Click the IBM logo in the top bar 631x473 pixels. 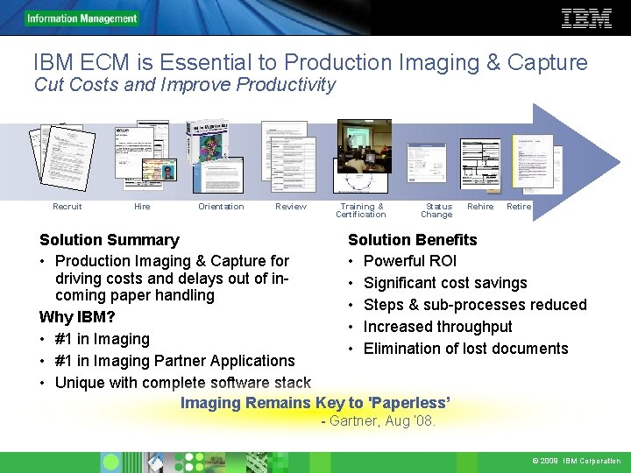586,18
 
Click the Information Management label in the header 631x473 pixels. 82,18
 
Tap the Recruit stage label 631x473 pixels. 67,207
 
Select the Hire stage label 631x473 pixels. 142,207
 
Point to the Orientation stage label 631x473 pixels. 221,207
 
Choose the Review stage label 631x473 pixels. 291,207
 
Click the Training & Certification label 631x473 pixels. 360,210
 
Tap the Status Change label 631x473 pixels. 436,210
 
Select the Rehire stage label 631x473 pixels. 480,207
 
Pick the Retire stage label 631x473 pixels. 519,207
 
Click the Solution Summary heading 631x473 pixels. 110,240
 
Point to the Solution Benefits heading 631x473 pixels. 413,240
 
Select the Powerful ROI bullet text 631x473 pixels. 410,261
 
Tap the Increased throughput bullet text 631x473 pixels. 438,327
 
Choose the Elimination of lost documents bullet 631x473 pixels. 466,349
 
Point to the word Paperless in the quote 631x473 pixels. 410,403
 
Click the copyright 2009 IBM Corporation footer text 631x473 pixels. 576,461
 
